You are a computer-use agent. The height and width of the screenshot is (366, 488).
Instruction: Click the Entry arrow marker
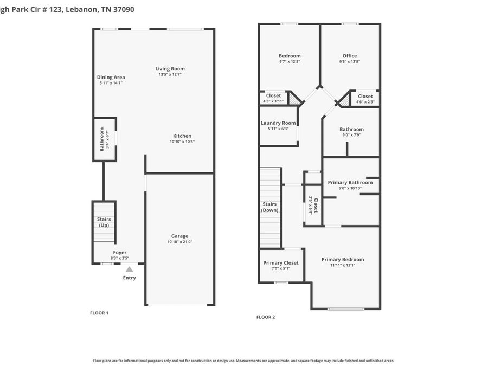click(x=129, y=269)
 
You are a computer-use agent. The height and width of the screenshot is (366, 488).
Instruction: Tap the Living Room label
click(x=170, y=69)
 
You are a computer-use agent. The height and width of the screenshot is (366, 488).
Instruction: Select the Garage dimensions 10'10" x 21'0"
click(x=180, y=242)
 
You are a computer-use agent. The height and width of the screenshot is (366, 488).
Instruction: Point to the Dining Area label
click(x=111, y=78)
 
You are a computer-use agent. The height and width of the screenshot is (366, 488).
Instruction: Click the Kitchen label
click(x=182, y=136)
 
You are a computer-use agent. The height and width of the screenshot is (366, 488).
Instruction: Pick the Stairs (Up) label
click(x=104, y=222)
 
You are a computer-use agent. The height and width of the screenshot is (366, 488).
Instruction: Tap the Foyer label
click(x=120, y=253)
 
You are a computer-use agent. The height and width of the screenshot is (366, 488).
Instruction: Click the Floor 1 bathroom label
click(x=101, y=139)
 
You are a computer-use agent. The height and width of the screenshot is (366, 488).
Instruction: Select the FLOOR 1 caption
click(x=99, y=313)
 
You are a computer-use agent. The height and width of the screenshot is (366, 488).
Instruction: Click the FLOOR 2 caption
click(x=266, y=317)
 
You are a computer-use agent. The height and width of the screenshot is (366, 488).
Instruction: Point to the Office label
click(x=350, y=56)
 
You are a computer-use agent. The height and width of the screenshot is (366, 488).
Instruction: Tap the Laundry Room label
click(x=278, y=123)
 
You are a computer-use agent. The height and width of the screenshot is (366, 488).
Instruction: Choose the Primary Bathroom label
click(x=350, y=183)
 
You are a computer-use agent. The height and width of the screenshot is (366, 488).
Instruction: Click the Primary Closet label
click(x=281, y=263)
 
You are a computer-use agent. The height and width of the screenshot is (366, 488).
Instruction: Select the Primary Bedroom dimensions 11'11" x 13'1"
click(x=343, y=266)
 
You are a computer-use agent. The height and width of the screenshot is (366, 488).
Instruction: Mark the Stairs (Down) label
click(x=269, y=207)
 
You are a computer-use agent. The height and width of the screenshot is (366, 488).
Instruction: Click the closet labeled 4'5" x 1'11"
click(x=273, y=98)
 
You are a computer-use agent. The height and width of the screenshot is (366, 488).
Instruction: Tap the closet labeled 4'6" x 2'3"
click(x=365, y=99)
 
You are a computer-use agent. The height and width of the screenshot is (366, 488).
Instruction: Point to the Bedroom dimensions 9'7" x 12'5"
click(x=290, y=62)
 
